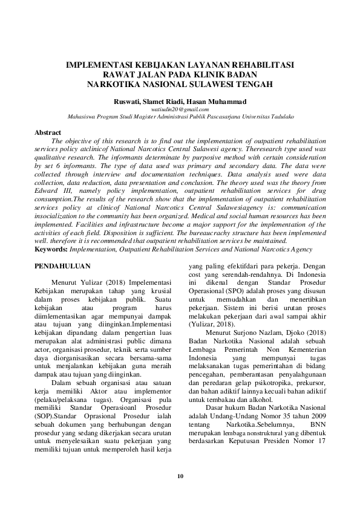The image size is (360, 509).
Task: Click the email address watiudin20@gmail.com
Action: point(180,109)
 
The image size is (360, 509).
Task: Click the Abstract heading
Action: point(48,132)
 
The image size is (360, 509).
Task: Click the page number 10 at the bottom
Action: point(180,476)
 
